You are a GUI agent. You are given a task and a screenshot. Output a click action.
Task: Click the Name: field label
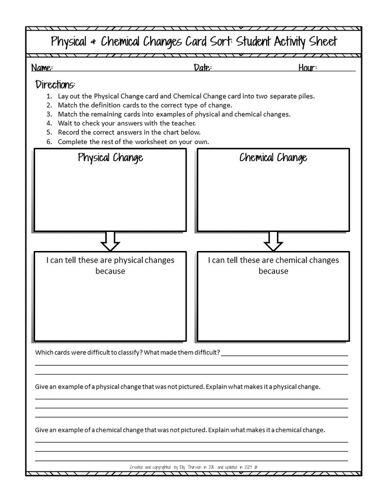[x=42, y=68]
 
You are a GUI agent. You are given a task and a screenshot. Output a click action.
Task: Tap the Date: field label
[x=202, y=68]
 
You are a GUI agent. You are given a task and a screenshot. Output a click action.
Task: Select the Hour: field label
[x=308, y=68]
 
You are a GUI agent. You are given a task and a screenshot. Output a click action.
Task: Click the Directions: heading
[x=55, y=84]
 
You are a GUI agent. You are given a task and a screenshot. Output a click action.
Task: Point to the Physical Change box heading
[x=110, y=158]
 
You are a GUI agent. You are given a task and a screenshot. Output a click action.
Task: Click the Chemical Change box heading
[x=273, y=158]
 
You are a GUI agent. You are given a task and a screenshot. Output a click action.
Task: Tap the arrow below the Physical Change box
[x=110, y=241]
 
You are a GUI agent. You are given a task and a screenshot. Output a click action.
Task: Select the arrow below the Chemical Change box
[x=273, y=241]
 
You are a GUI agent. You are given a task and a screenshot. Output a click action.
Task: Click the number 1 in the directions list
[x=49, y=96]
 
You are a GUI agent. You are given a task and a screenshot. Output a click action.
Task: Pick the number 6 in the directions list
[x=49, y=142]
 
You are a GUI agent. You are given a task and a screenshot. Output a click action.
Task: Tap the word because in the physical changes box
[x=110, y=271]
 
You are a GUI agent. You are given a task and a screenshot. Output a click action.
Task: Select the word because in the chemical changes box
[x=273, y=271]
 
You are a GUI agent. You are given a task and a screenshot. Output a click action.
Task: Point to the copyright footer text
[x=193, y=467]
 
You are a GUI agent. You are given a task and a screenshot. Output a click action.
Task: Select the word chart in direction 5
[x=170, y=132]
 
